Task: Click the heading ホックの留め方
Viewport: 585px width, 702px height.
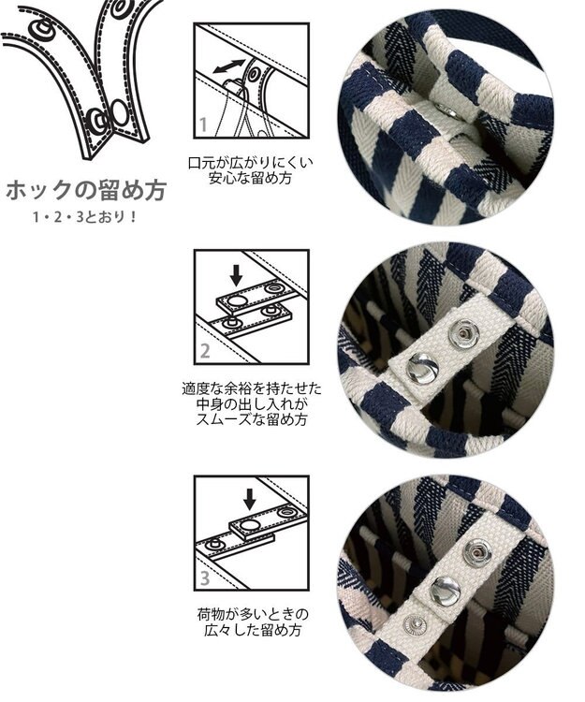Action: [x=86, y=190]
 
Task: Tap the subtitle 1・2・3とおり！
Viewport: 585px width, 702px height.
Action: [x=84, y=217]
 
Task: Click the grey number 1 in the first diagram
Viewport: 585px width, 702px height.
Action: [x=204, y=124]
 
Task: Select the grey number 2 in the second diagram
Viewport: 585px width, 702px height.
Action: [x=205, y=351]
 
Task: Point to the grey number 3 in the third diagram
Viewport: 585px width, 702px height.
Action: [x=205, y=578]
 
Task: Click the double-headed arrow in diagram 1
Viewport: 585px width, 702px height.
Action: [x=228, y=66]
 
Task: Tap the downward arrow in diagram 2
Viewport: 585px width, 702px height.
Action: [x=236, y=275]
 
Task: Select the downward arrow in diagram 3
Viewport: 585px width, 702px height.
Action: [x=250, y=500]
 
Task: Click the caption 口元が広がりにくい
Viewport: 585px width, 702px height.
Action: [x=251, y=163]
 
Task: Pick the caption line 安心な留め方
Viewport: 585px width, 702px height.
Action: [x=251, y=178]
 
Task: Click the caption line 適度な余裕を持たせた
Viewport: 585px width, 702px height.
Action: [x=252, y=388]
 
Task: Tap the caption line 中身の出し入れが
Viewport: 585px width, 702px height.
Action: [x=252, y=403]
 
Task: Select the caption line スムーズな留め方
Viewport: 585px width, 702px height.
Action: [x=252, y=419]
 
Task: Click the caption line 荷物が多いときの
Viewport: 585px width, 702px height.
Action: [x=253, y=614]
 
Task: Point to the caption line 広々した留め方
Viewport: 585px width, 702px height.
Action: [x=253, y=630]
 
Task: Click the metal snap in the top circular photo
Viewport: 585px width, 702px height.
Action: [x=446, y=110]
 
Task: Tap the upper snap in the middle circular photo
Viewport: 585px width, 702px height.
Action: [x=463, y=334]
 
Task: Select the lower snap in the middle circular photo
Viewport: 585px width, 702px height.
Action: [x=422, y=368]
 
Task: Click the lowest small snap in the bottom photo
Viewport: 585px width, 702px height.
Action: [x=413, y=625]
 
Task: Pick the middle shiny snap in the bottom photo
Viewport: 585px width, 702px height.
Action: [x=446, y=591]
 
